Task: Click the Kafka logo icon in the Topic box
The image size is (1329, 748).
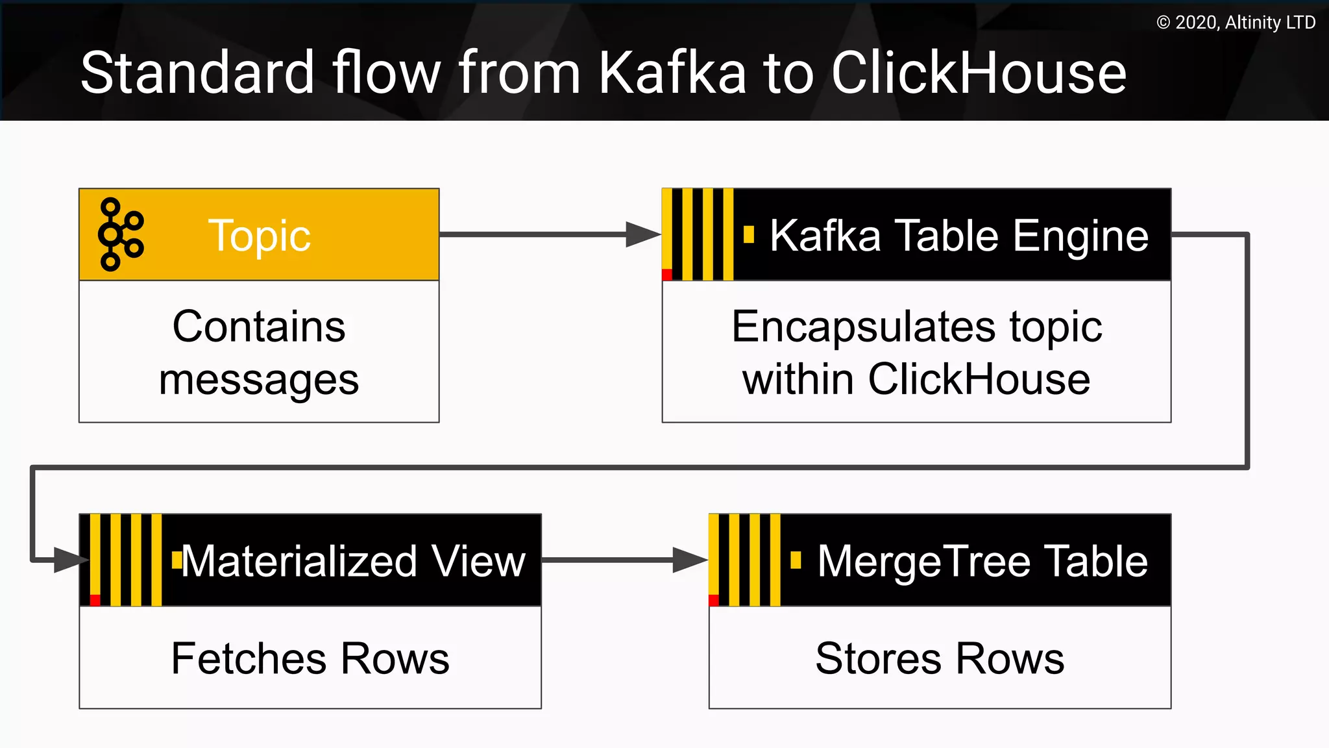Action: pos(120,234)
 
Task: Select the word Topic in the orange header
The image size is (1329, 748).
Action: pos(259,236)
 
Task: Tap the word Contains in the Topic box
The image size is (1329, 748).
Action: pos(259,327)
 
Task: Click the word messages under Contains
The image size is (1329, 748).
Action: pos(259,380)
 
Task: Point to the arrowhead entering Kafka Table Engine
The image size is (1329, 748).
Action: pos(642,234)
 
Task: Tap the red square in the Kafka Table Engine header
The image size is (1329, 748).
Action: pos(667,275)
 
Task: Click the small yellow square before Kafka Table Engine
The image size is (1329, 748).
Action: pos(749,234)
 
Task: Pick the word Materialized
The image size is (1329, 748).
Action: pos(299,561)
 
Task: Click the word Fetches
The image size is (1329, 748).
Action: pos(250,658)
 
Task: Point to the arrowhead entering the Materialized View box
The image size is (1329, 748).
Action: pos(70,560)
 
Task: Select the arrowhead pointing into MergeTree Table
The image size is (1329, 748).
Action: pos(689,560)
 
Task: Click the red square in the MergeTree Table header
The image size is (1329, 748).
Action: pos(714,600)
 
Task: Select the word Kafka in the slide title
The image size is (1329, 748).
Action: pos(672,73)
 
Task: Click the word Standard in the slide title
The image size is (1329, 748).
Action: pos(197,73)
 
